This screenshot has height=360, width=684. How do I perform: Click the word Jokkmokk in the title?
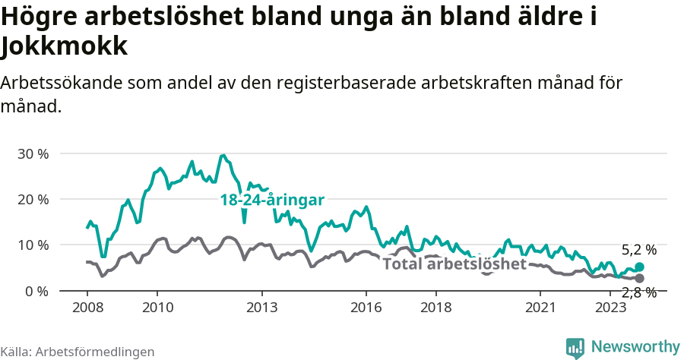64,47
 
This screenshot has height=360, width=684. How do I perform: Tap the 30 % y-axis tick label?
33,153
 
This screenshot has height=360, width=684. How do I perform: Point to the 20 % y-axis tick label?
33,199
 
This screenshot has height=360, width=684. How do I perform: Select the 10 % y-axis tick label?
33,245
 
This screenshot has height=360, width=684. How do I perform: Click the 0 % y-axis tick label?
36,291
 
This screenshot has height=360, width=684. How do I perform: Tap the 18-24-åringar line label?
272,200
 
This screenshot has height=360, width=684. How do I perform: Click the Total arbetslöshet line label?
454,264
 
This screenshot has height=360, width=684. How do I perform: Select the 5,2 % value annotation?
638,249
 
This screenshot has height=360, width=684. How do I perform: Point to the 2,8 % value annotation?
638,293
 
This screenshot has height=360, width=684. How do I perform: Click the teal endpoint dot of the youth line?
639,267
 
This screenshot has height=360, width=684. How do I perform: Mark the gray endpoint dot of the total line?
639,278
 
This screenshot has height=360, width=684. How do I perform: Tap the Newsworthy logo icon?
575,347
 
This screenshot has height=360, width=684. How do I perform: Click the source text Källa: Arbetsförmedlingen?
78,352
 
